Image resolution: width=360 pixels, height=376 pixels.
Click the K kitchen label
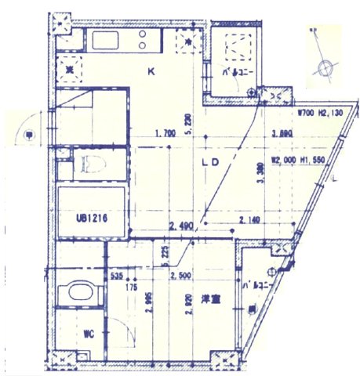pos(152,73)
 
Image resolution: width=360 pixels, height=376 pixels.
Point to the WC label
pos(89,334)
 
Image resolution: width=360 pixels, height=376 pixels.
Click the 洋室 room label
pos(209,300)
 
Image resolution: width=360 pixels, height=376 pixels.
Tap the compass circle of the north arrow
pos(325,68)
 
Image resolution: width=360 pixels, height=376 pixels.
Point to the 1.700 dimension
pos(166,132)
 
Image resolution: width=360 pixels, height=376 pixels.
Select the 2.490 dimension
pos(180,226)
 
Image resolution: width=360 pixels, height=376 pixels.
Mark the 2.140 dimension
pos(250,220)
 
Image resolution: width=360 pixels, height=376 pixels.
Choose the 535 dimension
pos(117,277)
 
